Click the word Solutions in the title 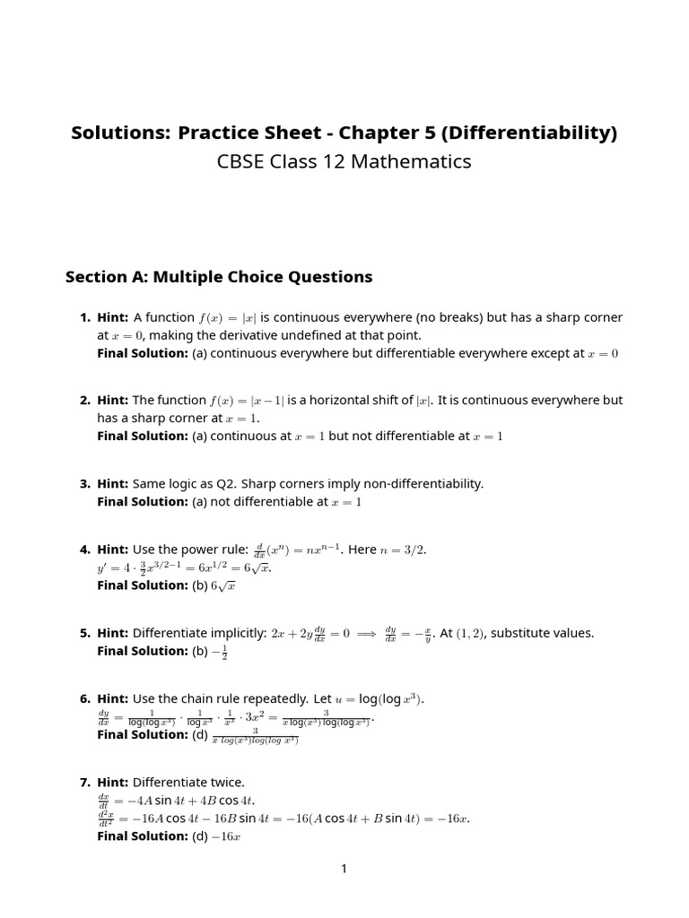click(120, 133)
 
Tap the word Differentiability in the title click(529, 133)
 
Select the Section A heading click(218, 276)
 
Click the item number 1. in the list click(85, 317)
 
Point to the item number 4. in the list click(85, 550)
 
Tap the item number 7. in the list click(85, 783)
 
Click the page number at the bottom click(344, 868)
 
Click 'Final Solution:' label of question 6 click(142, 734)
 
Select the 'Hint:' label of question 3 click(113, 483)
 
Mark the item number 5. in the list click(85, 633)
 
